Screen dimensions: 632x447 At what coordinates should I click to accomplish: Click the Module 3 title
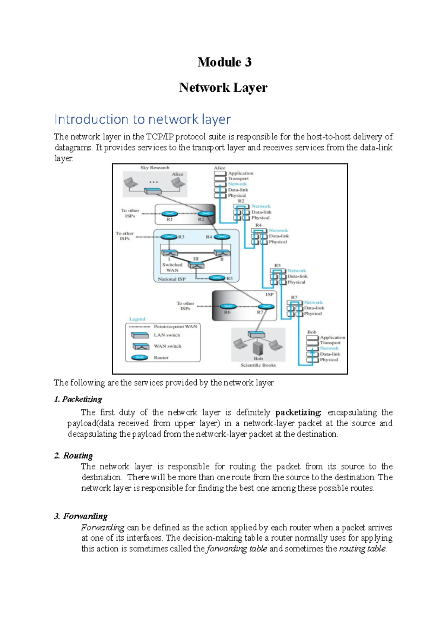point(224,62)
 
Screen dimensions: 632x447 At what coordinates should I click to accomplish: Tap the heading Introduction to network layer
point(142,119)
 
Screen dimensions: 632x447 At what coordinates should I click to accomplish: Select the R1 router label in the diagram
point(169,219)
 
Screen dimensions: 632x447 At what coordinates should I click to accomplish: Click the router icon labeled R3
point(169,237)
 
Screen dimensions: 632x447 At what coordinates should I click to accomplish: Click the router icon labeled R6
point(228,306)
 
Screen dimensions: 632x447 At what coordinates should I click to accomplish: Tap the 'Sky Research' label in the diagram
point(155,168)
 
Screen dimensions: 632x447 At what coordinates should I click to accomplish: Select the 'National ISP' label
point(171,279)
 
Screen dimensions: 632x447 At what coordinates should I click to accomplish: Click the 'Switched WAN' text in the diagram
point(172,267)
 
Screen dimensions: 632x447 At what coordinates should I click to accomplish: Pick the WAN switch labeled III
point(196,265)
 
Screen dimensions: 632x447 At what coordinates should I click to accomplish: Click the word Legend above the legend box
point(137,319)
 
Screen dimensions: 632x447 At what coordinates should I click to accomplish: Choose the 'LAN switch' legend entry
point(167,335)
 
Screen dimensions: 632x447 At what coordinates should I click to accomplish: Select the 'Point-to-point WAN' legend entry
point(175,326)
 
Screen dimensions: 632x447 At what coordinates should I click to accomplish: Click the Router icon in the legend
point(140,357)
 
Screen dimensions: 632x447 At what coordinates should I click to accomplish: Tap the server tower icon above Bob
point(258,348)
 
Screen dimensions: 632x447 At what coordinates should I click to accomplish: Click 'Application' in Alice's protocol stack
point(240,173)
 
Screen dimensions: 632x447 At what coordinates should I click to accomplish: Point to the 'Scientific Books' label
point(258,365)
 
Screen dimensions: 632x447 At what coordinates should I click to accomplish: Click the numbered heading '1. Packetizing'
point(78,399)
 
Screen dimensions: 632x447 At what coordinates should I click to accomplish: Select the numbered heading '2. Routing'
point(73,455)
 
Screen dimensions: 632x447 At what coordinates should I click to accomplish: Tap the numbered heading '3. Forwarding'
point(80,516)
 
